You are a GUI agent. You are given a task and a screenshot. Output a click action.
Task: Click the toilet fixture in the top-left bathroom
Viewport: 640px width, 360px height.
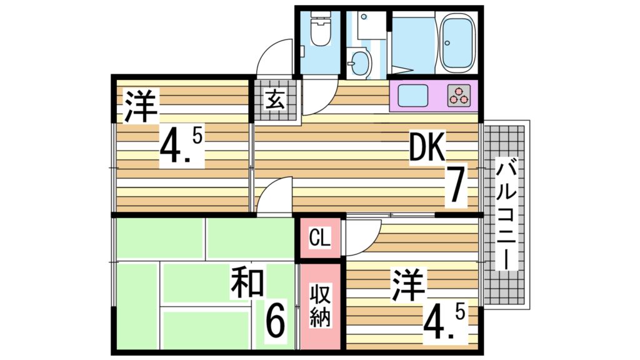[x=320, y=32]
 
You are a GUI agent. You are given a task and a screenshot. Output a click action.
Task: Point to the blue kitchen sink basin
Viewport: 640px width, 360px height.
[x=414, y=96]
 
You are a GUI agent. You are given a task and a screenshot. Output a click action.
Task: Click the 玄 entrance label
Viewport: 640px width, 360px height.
[x=273, y=99]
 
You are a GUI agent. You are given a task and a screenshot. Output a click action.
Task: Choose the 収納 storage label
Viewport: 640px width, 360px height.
[x=321, y=305]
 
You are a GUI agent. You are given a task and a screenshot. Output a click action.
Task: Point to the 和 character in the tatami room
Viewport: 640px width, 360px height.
[x=247, y=282]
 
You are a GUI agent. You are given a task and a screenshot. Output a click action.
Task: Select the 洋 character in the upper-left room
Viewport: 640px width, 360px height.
[x=139, y=106]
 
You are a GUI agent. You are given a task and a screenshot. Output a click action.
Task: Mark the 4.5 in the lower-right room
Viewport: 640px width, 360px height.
[x=444, y=322]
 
